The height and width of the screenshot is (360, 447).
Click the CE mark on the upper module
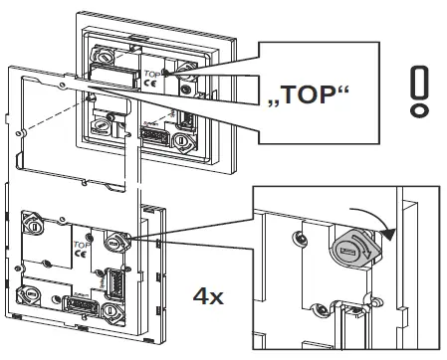[148, 86]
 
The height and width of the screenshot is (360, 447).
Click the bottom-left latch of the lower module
[32, 295]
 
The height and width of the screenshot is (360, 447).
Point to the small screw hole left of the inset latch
[300, 238]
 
